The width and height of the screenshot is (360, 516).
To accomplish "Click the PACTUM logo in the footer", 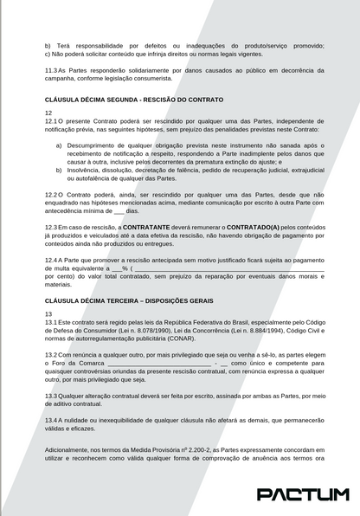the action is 303,494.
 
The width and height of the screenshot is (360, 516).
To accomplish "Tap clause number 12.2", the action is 53,196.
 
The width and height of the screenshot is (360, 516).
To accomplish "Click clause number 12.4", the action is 53,259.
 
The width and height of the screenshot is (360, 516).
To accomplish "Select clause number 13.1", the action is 53,322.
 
